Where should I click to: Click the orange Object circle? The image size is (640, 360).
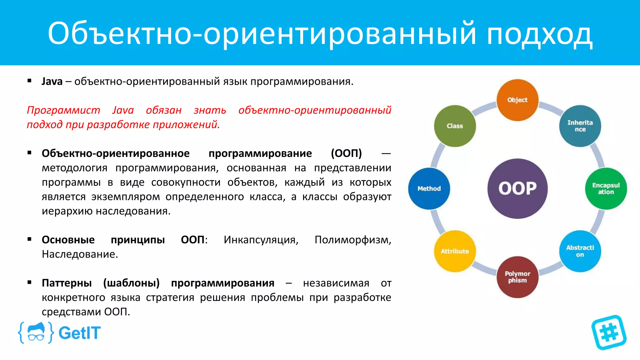coord(517,100)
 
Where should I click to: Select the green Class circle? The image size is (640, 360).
coord(455,126)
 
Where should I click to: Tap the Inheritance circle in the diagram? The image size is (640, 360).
coord(580,126)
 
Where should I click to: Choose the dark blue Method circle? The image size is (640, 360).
coord(429,188)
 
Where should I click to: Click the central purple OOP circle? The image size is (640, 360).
coord(517,188)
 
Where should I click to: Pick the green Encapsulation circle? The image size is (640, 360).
coord(606,188)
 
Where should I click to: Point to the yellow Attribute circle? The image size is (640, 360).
coord(455,251)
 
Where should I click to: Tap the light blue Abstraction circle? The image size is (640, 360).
coord(580,251)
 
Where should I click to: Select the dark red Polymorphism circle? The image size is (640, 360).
coord(517,277)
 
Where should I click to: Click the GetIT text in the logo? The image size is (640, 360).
coord(79,333)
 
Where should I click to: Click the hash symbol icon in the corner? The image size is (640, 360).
coord(609,332)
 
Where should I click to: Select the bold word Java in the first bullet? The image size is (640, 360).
coord(52,82)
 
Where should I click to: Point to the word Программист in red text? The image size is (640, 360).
coord(63,110)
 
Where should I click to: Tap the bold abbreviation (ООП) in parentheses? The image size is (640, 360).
coord(346,153)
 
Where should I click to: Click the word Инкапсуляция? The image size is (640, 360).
coord(261,240)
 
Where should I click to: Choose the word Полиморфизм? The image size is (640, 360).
coord(352,240)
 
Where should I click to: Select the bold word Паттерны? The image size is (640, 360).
coord(67,283)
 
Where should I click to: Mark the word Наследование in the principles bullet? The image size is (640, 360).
coord(80,254)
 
